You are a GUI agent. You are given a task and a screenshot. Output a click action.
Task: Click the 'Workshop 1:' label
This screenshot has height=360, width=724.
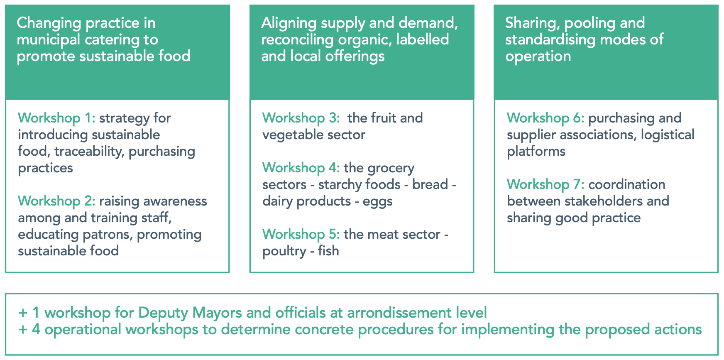pyautogui.click(x=56, y=118)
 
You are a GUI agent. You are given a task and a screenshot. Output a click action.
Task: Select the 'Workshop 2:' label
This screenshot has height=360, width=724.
pyautogui.click(x=56, y=201)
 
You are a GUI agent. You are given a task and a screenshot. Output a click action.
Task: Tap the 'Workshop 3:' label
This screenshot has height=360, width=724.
pyautogui.click(x=301, y=118)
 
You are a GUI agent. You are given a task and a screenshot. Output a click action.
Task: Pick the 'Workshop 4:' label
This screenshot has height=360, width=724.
pyautogui.click(x=301, y=168)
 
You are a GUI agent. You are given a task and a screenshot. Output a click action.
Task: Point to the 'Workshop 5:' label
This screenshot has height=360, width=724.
pyautogui.click(x=301, y=235)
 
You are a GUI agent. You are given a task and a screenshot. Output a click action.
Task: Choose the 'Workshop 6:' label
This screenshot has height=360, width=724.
pyautogui.click(x=545, y=118)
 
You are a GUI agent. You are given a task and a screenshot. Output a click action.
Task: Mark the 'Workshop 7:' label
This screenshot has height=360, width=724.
pyautogui.click(x=545, y=185)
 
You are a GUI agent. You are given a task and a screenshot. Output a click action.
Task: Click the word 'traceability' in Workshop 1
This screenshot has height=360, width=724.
pyautogui.click(x=89, y=152)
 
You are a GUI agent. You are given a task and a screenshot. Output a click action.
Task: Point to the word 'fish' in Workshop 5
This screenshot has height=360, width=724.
pyautogui.click(x=328, y=251)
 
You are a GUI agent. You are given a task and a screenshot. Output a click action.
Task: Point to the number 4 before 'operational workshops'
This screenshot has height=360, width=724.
pyautogui.click(x=36, y=330)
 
